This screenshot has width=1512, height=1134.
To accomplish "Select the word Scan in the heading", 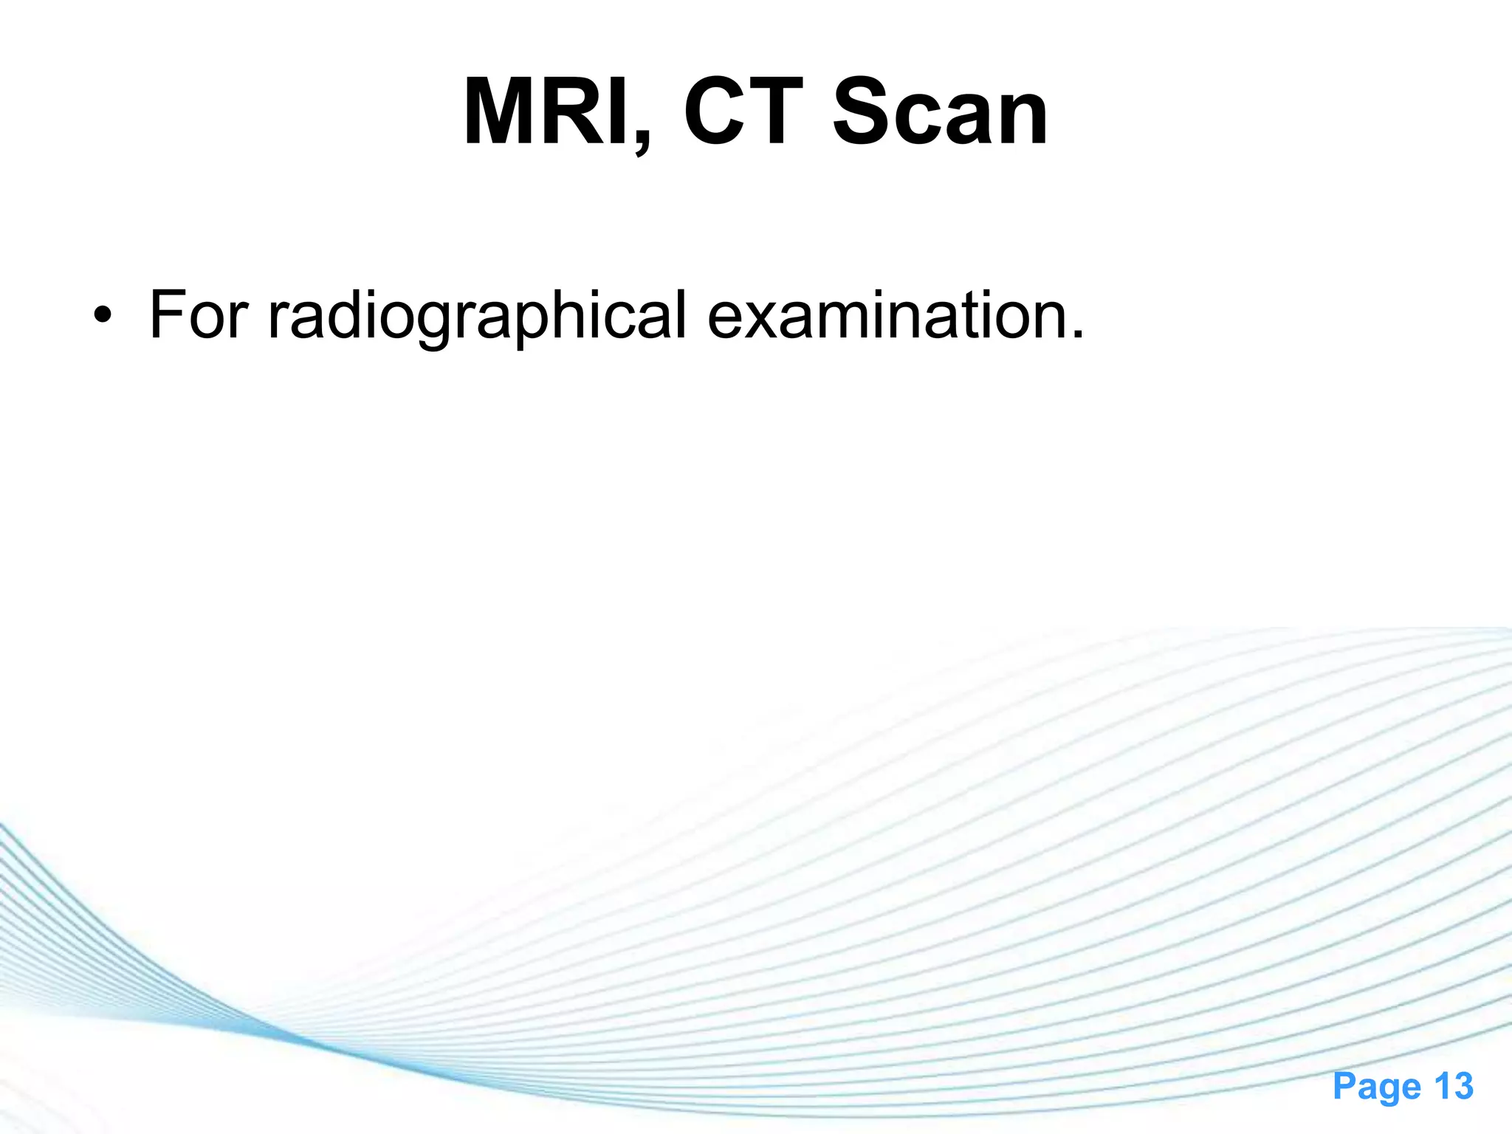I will pos(940,112).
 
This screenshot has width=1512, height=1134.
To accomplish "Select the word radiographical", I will pos(477,316).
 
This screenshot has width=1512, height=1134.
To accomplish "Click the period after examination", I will pos(1078,334).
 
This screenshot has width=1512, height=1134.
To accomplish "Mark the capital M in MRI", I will pos(502,112).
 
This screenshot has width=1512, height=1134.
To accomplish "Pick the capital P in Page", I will pos(1344,1087).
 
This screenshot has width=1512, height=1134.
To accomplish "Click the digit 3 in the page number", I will pos(1463,1087).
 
